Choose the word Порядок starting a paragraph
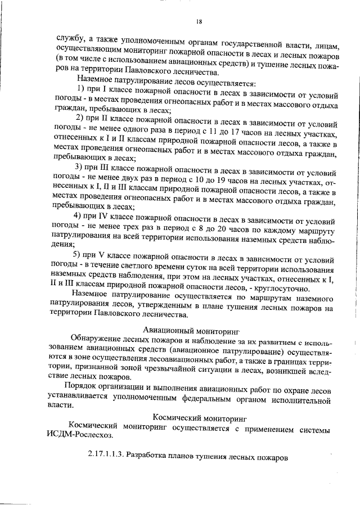pos(83,390)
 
